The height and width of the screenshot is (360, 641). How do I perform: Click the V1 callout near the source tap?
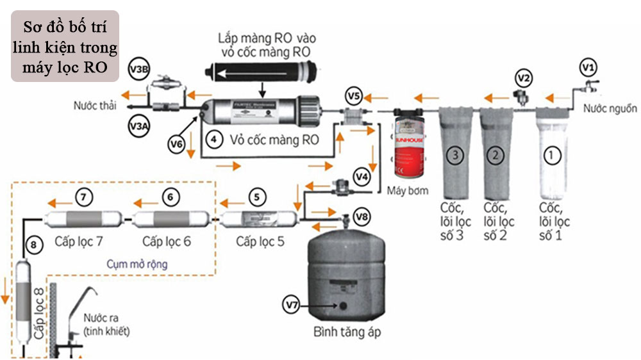(588, 65)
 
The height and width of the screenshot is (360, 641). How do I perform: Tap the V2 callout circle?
(524, 78)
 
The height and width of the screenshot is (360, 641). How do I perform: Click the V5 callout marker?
(353, 97)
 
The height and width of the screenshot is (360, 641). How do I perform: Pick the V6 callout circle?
(177, 145)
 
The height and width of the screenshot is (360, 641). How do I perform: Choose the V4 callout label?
(362, 174)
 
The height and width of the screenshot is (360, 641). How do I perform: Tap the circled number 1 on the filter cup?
(552, 154)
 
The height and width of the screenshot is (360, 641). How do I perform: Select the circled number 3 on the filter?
(454, 154)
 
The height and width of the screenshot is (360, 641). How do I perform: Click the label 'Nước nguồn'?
(607, 109)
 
